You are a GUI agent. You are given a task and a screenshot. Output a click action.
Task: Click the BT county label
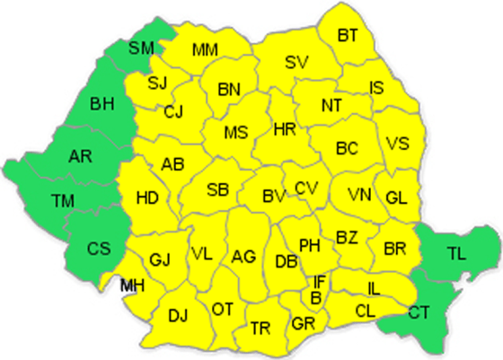[348, 35]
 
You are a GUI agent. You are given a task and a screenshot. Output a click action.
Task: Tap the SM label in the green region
[141, 48]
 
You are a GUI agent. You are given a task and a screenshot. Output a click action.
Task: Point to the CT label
[419, 312]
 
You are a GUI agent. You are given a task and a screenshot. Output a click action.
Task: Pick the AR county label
[79, 157]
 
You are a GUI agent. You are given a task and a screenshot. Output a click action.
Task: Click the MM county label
[205, 48]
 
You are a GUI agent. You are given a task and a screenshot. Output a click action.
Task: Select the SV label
[296, 62]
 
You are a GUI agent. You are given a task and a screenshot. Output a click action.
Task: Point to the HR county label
[284, 130]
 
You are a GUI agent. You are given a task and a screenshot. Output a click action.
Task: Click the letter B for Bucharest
[315, 297]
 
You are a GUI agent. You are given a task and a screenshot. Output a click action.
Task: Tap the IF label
[319, 283]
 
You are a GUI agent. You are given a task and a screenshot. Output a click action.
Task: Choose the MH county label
[132, 285]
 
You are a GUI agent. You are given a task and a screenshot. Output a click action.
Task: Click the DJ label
[178, 315]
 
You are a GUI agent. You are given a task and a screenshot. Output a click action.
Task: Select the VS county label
[398, 143]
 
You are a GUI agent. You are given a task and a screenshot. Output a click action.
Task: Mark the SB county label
[217, 189]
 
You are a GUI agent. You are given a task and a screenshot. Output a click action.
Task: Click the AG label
[243, 257]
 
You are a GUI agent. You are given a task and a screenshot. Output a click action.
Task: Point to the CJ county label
[174, 112]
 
